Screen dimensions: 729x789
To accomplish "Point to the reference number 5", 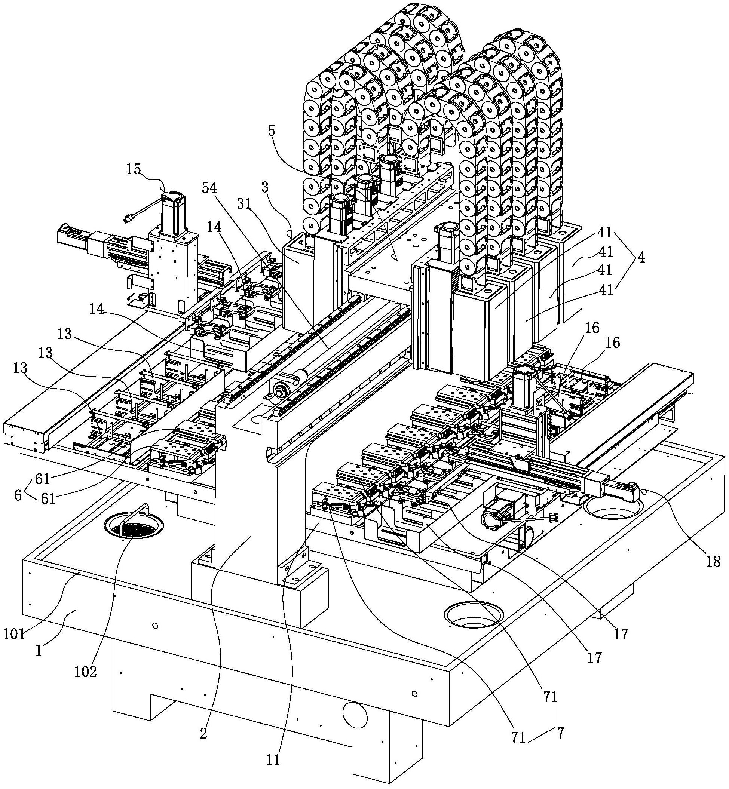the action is tap(272, 131).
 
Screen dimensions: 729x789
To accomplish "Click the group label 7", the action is tap(560, 733).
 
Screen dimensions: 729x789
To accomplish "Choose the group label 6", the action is tap(18, 495).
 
